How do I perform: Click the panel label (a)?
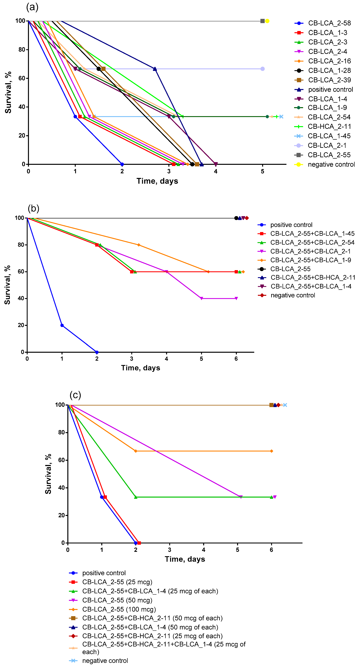pyautogui.click(x=32, y=7)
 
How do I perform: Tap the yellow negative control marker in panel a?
pyautogui.click(x=267, y=21)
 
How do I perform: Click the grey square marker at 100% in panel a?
pyautogui.click(x=262, y=21)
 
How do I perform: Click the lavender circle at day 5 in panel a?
pyautogui.click(x=262, y=69)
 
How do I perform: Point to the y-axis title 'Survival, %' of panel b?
pyautogui.click(x=7, y=285)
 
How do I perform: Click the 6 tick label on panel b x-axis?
pyautogui.click(x=236, y=359)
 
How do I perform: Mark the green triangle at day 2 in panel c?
pyautogui.click(x=136, y=497)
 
